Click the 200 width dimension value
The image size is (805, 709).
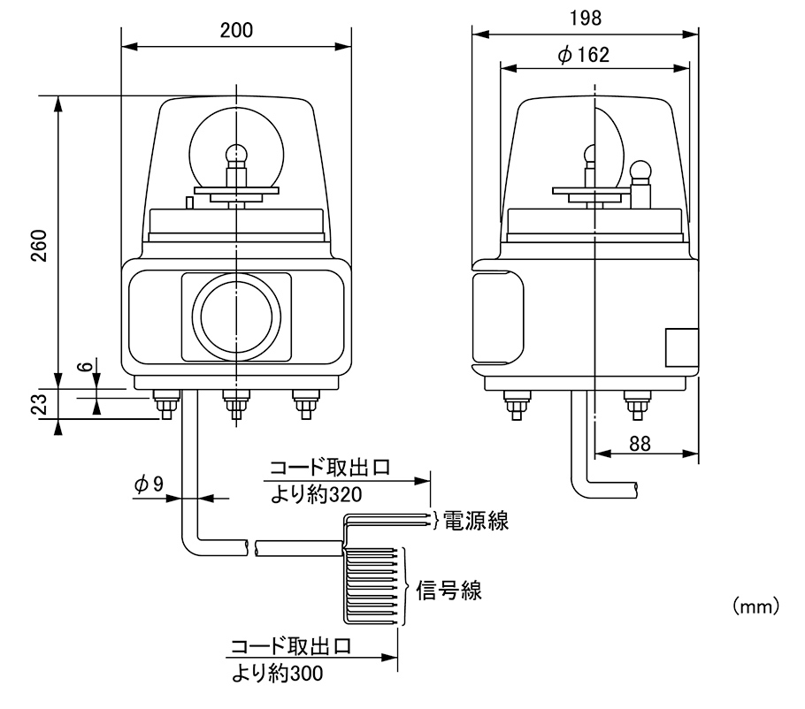pyautogui.click(x=236, y=29)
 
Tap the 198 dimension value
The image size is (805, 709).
pyautogui.click(x=585, y=18)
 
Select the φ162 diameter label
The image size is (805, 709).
pyautogui.click(x=584, y=55)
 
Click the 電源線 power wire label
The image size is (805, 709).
pyautogui.click(x=475, y=521)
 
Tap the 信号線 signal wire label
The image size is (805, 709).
pyautogui.click(x=449, y=591)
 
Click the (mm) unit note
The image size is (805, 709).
pyautogui.click(x=755, y=606)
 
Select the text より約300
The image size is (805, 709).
pyautogui.click(x=278, y=673)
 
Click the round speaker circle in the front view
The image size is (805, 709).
pyautogui.click(x=236, y=317)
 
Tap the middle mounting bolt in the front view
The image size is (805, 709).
pyautogui.click(x=235, y=408)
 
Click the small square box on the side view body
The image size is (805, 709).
pyautogui.click(x=680, y=347)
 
